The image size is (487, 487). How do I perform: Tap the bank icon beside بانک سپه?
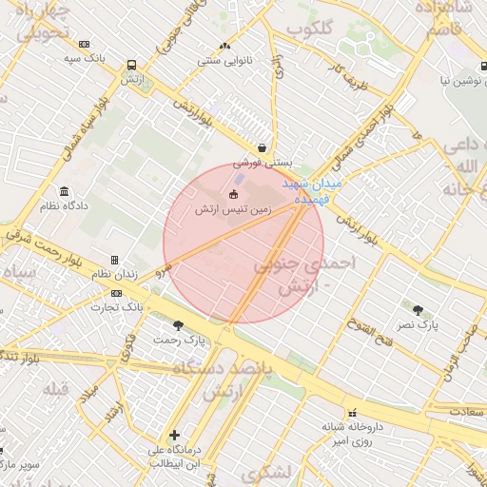(x=85, y=44)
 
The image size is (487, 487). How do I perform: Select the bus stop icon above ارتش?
(x=131, y=66)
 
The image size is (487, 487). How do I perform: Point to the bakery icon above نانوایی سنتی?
(x=224, y=46)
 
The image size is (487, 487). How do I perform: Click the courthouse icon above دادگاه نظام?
(x=64, y=191)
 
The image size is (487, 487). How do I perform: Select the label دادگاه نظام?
(x=64, y=205)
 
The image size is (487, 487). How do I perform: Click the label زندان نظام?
(x=114, y=274)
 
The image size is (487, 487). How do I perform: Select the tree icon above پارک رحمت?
(x=178, y=325)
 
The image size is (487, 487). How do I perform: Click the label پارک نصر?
(x=418, y=324)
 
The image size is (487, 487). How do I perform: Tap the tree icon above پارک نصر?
(x=418, y=310)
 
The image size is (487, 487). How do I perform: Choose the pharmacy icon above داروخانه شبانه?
(x=354, y=413)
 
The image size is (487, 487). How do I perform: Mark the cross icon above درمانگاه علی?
(x=174, y=435)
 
